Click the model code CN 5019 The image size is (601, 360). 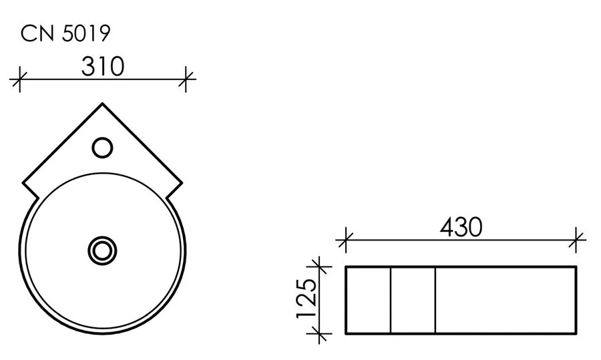point(65,33)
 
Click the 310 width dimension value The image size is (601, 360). point(103,66)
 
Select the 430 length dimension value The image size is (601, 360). point(461,227)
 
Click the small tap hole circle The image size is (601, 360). point(102,147)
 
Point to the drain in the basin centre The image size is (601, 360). point(102,250)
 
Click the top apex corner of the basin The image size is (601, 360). point(102,104)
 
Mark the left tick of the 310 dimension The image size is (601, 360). point(19,81)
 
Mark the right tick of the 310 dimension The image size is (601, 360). point(186,81)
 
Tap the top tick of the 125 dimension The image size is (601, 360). point(322,267)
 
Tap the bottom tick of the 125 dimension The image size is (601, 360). point(322,333)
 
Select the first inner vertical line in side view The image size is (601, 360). point(390,300)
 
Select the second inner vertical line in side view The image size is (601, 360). point(435,300)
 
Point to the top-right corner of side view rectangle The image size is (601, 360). point(576,267)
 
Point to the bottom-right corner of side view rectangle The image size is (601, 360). point(576,333)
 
